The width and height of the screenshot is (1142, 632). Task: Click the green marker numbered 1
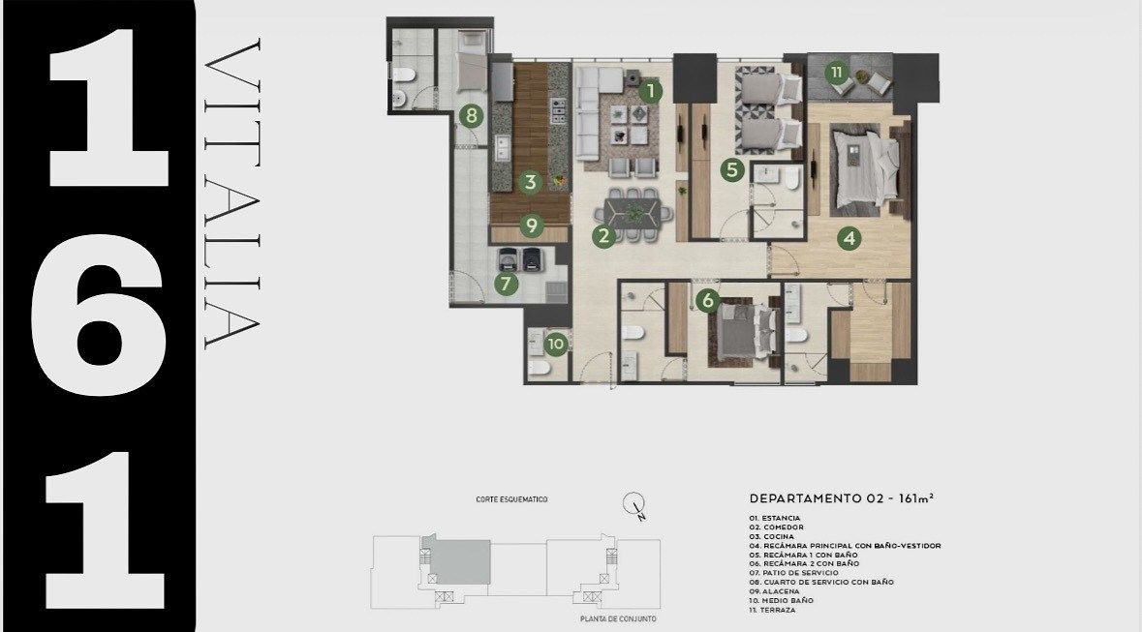tap(650, 92)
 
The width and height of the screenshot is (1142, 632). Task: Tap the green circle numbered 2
tap(603, 236)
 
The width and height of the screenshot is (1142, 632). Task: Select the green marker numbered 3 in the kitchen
tap(530, 182)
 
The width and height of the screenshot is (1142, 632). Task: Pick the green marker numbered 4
tap(849, 238)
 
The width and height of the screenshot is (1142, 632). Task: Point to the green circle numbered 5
tap(732, 170)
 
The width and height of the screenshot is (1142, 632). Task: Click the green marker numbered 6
tap(707, 300)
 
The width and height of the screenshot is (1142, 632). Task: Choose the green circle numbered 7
tap(507, 284)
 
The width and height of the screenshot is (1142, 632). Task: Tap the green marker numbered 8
tap(471, 115)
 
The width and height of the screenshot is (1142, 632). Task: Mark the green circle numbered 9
tap(532, 226)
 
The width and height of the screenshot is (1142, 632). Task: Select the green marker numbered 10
tap(556, 344)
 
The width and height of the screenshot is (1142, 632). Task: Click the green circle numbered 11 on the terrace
tap(838, 72)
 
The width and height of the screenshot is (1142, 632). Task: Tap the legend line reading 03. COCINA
tap(772, 536)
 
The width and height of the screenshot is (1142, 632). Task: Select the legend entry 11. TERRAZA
tap(773, 610)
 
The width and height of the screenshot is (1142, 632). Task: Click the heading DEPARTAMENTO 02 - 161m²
tap(841, 498)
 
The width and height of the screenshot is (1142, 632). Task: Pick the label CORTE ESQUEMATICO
tap(511, 499)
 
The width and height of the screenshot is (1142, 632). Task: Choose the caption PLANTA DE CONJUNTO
tap(618, 618)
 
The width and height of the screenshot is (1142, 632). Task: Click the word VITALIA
tap(232, 194)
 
